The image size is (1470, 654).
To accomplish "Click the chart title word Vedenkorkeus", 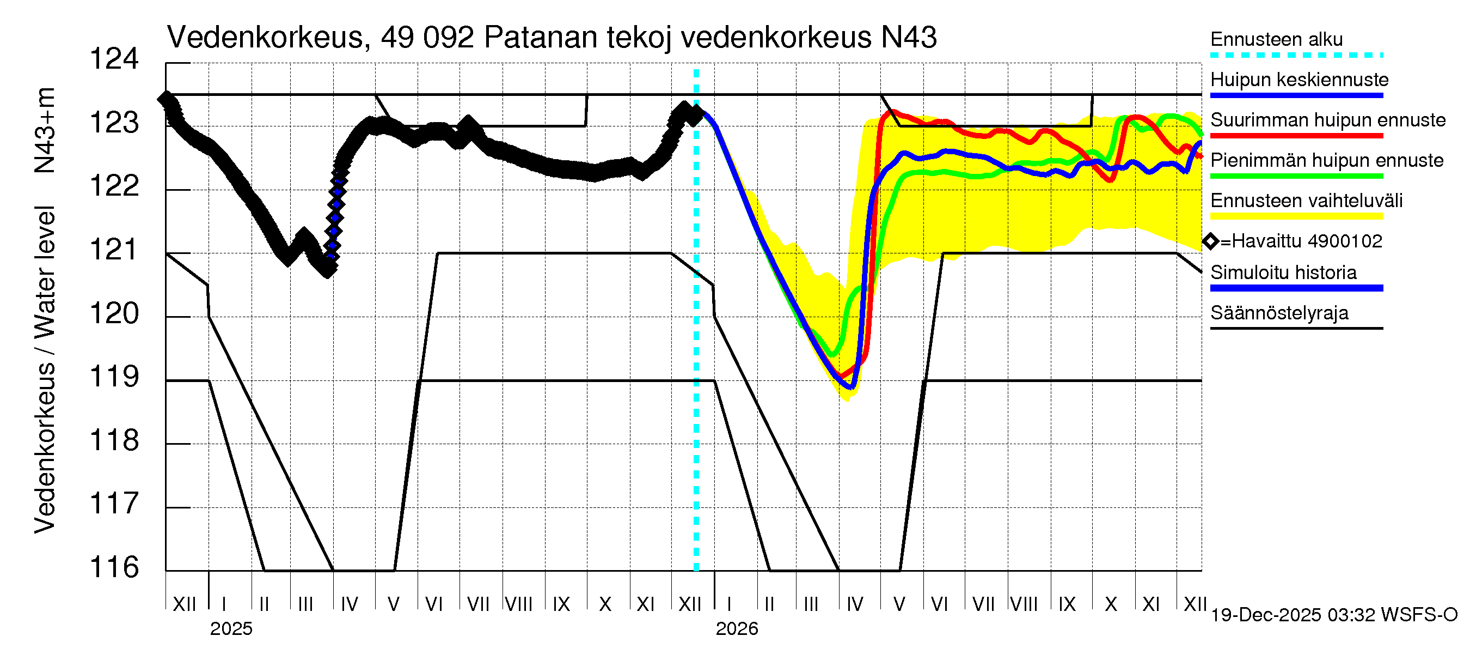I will tap(265, 38).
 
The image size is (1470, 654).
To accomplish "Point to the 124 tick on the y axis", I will tap(114, 59).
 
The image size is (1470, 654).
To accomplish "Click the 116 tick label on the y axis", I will tap(114, 567).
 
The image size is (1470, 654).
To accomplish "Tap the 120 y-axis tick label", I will tap(114, 313).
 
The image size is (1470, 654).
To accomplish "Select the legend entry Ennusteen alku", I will tap(1276, 39).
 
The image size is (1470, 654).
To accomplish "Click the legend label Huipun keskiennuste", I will tap(1299, 80).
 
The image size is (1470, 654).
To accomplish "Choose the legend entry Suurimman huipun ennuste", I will tap(1327, 120).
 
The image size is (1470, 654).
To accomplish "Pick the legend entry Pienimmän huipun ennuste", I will tap(1326, 160).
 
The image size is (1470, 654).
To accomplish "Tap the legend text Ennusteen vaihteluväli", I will tap(1306, 201).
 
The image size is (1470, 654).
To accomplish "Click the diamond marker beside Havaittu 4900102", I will tap(1210, 241).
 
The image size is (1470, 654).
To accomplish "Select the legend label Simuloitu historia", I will tap(1283, 272).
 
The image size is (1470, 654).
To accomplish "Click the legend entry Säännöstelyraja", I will tap(1279, 313).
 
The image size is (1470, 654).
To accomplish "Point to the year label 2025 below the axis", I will tap(230, 629).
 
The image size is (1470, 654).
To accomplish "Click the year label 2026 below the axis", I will tap(736, 629).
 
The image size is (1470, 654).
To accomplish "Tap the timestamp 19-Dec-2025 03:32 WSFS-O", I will tap(1333, 615).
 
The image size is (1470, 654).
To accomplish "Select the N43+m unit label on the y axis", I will tap(45, 130).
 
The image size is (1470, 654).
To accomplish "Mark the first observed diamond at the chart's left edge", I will tap(166, 99).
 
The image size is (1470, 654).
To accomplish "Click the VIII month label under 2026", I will tap(1024, 604).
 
